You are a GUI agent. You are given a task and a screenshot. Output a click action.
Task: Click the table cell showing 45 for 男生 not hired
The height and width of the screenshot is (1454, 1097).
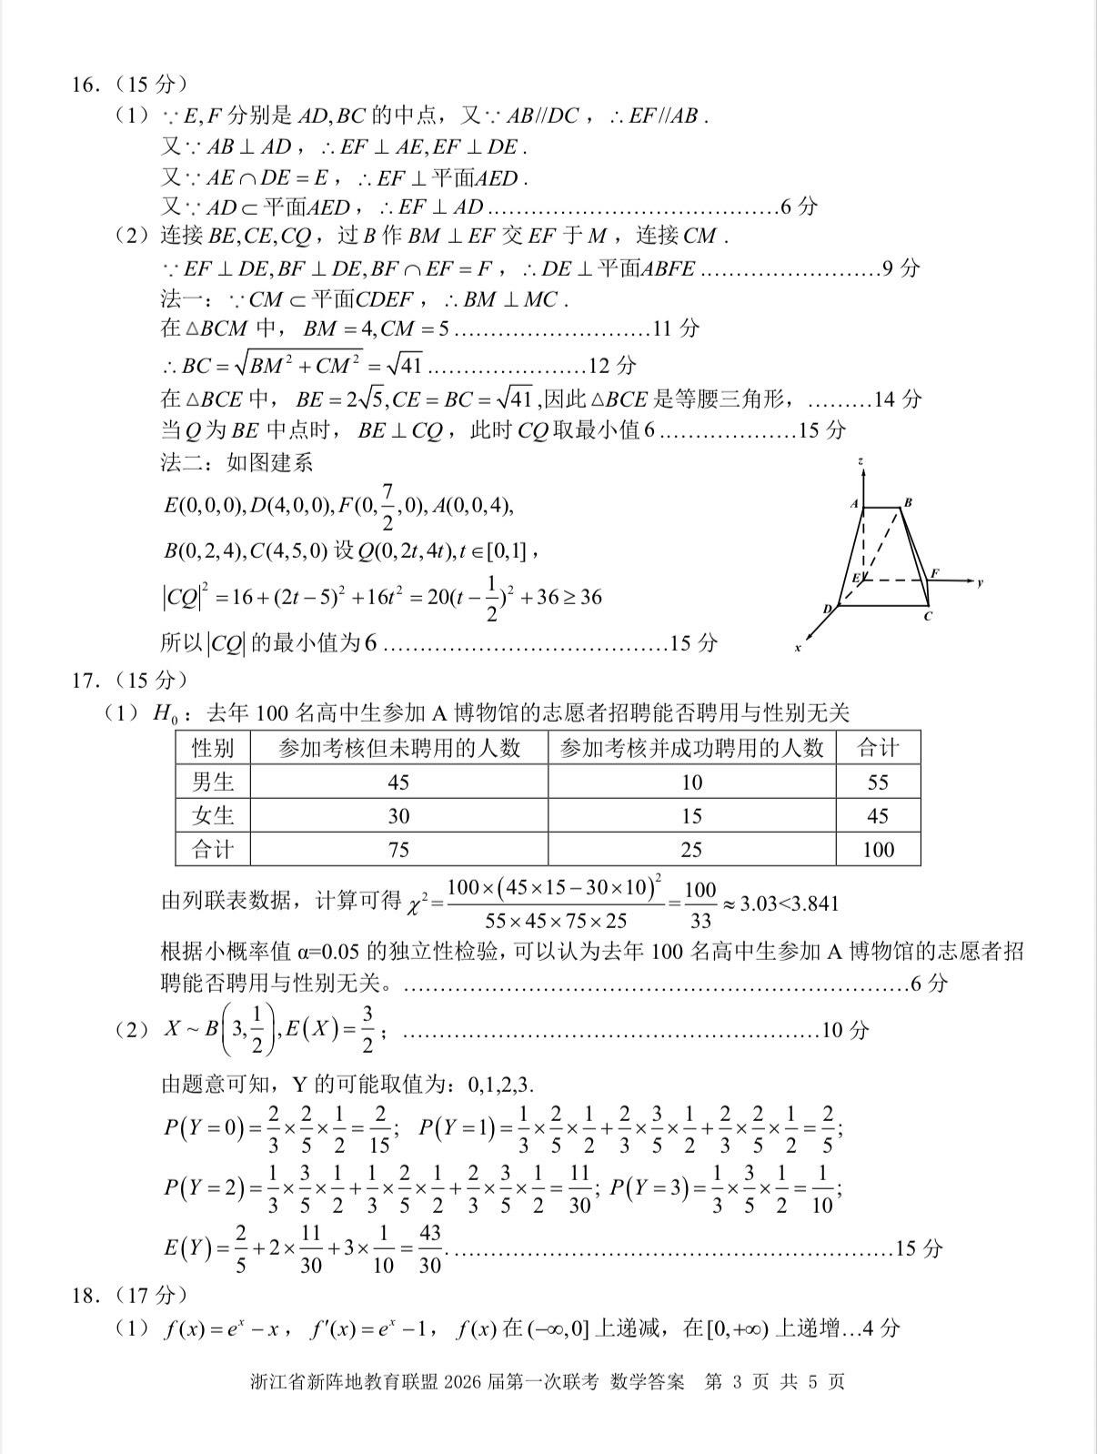(x=398, y=782)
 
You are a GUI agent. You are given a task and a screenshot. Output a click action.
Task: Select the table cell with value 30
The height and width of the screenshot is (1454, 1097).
(x=398, y=815)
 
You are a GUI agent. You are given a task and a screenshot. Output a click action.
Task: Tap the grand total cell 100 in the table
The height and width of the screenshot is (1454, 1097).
(x=878, y=849)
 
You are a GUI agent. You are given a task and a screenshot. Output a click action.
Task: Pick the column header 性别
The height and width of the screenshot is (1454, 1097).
(x=213, y=748)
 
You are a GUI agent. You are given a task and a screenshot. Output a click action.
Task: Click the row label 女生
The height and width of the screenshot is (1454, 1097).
(x=213, y=815)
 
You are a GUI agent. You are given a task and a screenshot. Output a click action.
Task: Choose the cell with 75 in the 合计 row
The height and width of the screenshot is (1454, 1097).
(x=398, y=849)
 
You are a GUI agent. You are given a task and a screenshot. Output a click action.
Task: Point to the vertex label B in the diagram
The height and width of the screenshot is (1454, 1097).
(x=908, y=501)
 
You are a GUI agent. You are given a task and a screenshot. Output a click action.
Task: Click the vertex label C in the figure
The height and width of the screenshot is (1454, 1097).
(x=927, y=616)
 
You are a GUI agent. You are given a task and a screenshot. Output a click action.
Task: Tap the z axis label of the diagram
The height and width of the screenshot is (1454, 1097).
(x=860, y=462)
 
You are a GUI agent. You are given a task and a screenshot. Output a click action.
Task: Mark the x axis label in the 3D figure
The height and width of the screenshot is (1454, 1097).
(x=798, y=648)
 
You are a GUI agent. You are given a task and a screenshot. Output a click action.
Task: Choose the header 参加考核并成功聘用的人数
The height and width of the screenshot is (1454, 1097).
(x=691, y=748)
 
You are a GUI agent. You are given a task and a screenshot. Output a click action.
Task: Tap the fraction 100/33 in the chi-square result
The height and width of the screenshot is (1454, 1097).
(x=700, y=904)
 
